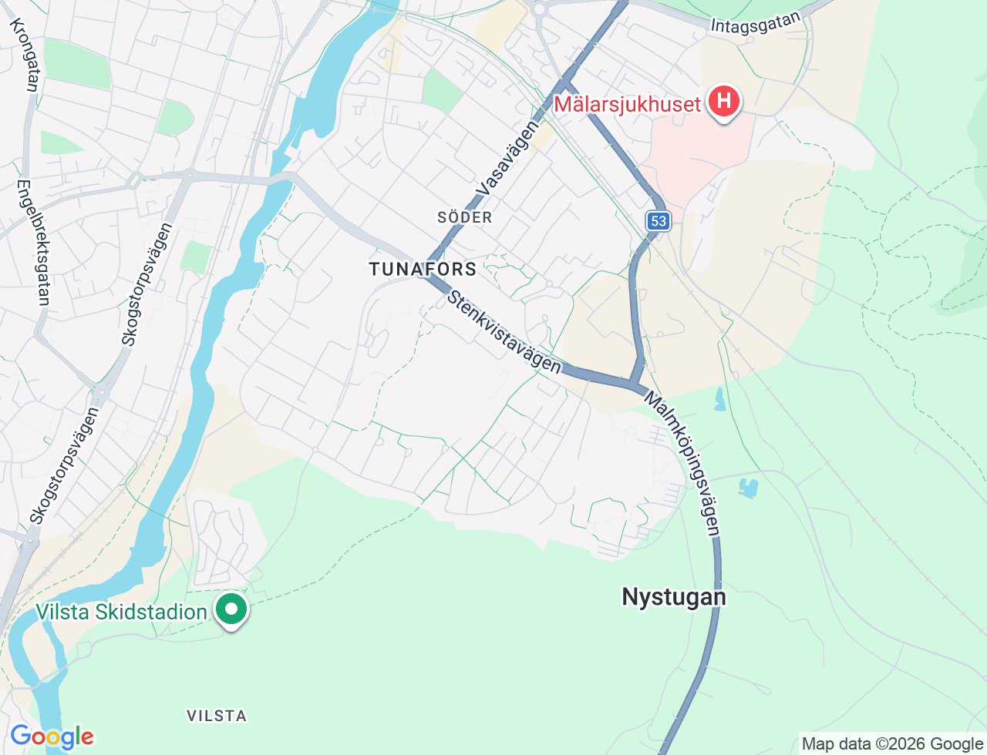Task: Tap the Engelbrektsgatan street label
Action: coord(34,242)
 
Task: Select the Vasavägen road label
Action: coord(507,158)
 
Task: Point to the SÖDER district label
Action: coord(464,217)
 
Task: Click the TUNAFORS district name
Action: coord(423,269)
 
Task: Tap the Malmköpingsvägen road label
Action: coord(683,464)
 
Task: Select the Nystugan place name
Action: coord(673,597)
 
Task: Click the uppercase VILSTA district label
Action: coord(217,716)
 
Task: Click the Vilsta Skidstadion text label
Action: coord(121,612)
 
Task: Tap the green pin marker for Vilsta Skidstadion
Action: coord(231,609)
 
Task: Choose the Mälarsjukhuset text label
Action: coord(627,104)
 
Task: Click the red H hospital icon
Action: coord(723,101)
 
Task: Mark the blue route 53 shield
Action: coord(658,221)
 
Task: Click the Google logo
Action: coord(52,737)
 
